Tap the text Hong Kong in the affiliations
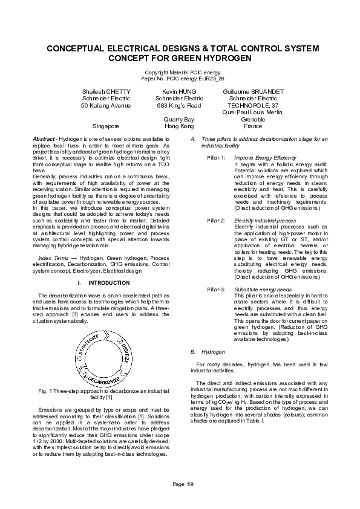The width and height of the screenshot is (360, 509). (179, 126)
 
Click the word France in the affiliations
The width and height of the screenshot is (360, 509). (252, 126)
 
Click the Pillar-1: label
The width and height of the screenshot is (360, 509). (216, 157)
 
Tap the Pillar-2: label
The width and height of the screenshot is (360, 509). (216, 221)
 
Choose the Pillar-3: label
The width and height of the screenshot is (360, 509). (216, 290)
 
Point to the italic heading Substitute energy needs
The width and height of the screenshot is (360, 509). (263, 290)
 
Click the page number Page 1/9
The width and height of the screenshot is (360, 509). (183, 484)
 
